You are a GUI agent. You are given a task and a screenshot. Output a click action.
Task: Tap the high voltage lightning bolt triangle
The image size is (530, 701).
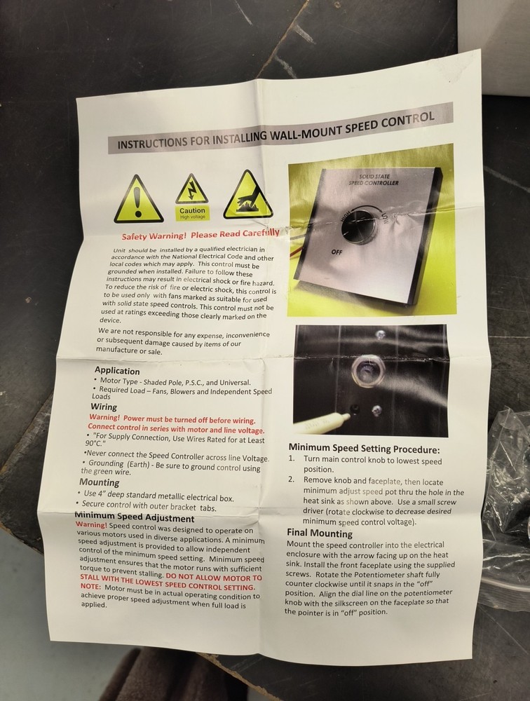click(x=192, y=189)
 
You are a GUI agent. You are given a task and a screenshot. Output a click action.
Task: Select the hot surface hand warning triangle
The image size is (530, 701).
click(x=247, y=196)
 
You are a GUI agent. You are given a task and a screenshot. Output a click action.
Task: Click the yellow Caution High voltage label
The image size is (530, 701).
click(x=192, y=213)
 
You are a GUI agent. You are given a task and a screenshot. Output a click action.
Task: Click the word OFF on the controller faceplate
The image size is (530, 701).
click(x=337, y=252)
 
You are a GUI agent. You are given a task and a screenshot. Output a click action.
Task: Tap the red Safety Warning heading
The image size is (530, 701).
click(x=201, y=234)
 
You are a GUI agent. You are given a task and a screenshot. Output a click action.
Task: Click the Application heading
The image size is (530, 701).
click(x=117, y=371)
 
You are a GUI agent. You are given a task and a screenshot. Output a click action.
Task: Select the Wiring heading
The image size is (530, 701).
click(x=104, y=407)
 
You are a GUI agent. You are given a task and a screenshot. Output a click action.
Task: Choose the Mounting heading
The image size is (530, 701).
click(x=100, y=482)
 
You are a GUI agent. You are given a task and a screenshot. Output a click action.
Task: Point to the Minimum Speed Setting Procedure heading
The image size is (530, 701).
click(x=364, y=449)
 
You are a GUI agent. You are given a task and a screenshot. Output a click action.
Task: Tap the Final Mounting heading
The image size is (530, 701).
click(x=320, y=533)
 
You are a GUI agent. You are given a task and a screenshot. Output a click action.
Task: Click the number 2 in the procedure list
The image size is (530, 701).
click(x=291, y=479)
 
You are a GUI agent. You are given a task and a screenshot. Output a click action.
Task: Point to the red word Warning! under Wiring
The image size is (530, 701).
click(x=104, y=417)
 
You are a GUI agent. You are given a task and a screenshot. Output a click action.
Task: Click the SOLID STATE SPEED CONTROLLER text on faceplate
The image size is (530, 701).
click(x=374, y=179)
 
